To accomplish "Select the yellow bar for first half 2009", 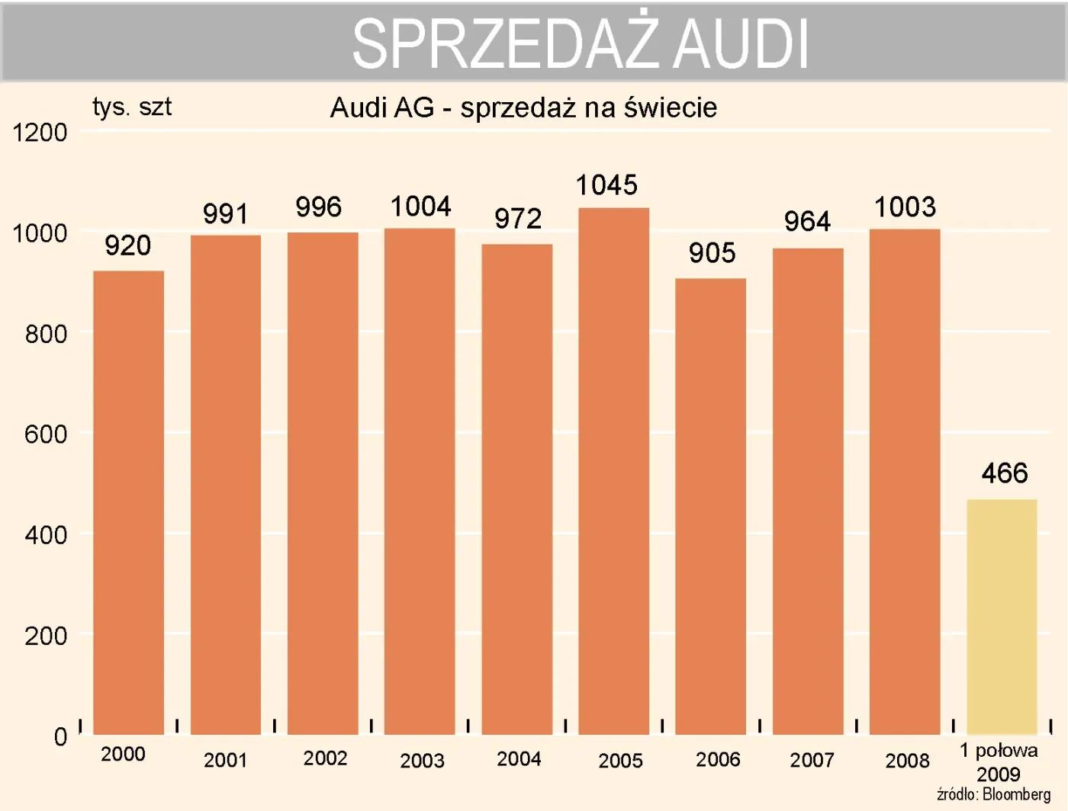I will click(x=1002, y=617).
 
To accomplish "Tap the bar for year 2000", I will click(x=128, y=502).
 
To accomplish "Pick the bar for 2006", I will click(x=710, y=506).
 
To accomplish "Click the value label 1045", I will click(x=606, y=185).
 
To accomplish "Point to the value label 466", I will click(x=1004, y=473).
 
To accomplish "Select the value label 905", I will click(x=712, y=253).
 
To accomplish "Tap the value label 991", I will click(x=225, y=214).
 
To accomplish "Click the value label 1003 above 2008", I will click(x=905, y=207).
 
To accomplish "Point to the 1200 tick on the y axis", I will click(x=40, y=133).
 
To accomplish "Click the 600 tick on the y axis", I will click(x=46, y=434).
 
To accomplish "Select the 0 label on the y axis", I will click(x=60, y=736).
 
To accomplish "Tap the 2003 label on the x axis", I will click(x=422, y=761).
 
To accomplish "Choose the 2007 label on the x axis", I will click(x=812, y=760).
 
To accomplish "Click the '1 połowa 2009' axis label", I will click(x=998, y=762).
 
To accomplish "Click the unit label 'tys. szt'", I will click(x=132, y=107).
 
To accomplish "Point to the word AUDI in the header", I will click(x=741, y=44).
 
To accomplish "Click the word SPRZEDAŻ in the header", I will click(x=505, y=44).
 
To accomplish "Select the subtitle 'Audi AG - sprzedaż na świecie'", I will click(x=523, y=108).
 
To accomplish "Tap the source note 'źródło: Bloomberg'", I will click(x=993, y=794).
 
